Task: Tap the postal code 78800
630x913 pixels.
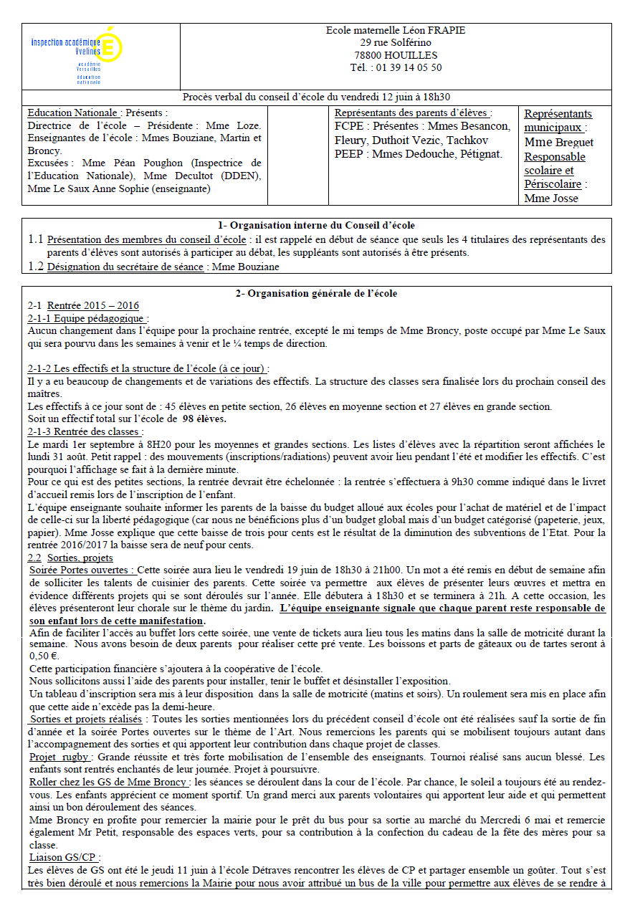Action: coord(367,55)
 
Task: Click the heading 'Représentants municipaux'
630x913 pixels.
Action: coord(558,120)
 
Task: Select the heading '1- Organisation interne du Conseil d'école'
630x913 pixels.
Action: coord(316,226)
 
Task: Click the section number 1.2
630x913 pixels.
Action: coord(36,267)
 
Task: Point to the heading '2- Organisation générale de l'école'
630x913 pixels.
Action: coord(316,293)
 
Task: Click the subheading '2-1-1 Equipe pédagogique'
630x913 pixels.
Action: coord(87,318)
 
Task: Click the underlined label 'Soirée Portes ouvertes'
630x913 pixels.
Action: coord(82,570)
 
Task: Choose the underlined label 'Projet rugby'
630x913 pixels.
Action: coord(60,757)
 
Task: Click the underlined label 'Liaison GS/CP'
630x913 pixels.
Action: coord(64,857)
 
